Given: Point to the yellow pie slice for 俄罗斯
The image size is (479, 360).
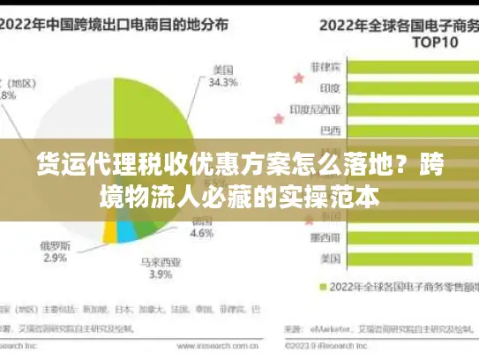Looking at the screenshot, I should point(110,231).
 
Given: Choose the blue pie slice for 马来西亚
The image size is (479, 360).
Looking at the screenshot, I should point(127,232).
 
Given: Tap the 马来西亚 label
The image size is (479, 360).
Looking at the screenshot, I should point(160,260).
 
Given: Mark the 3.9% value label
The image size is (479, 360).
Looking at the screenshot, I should point(160,275).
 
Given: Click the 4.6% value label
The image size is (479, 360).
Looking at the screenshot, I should point(202,234).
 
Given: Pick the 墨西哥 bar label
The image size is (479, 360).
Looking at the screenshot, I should point(332,238).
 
